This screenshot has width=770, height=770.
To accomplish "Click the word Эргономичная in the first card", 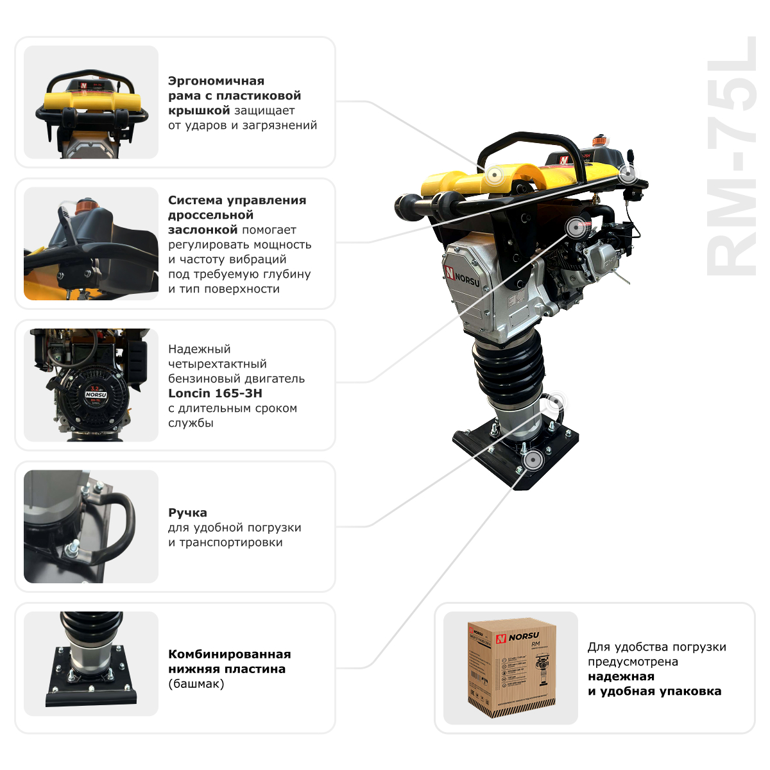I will (216, 81).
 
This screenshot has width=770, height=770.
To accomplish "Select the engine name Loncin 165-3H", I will (215, 393).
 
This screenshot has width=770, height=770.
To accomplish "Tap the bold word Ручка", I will (187, 513).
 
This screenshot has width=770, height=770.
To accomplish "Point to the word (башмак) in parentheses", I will (196, 684).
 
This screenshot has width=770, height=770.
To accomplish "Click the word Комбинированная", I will (229, 654).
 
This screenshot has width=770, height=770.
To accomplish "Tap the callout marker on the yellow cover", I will (495, 175).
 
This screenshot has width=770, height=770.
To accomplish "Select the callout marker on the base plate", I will (531, 461).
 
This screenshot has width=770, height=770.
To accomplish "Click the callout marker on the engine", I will (575, 227).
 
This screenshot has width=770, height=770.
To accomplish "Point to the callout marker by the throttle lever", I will (627, 173).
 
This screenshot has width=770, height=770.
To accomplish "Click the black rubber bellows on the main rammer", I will (508, 369).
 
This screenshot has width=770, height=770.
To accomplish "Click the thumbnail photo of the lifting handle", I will (91, 527).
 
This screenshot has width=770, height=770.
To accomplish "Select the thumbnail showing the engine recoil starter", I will (91, 385).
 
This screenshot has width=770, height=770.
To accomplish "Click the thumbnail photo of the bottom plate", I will (91, 663).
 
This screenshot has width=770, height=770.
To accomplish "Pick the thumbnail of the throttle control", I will (91, 244).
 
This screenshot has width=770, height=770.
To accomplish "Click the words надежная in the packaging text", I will (621, 676).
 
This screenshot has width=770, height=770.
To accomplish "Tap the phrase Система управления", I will (237, 200).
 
